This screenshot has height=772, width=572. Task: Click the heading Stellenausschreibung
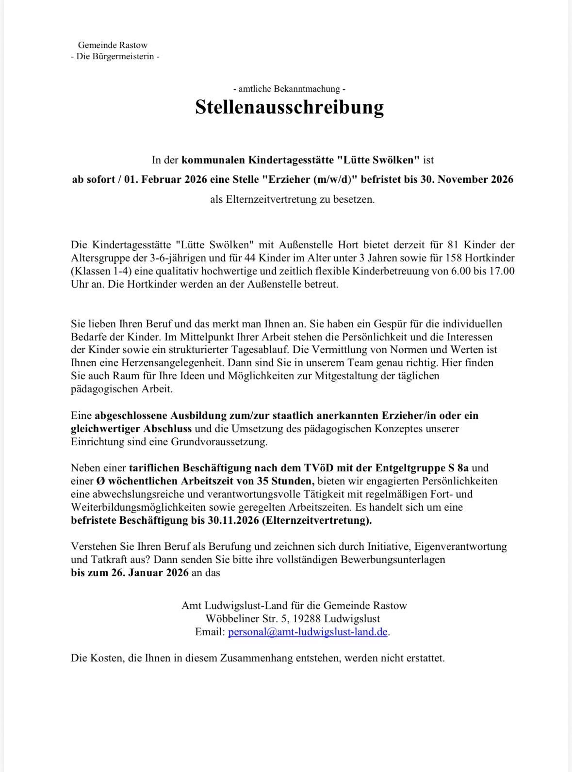[x=289, y=107]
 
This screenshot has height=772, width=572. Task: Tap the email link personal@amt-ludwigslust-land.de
[x=308, y=632]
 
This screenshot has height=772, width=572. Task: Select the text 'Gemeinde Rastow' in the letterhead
[x=113, y=45]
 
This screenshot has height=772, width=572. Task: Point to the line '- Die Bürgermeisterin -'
[x=115, y=56]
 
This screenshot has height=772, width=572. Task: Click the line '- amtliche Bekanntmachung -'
[x=289, y=89]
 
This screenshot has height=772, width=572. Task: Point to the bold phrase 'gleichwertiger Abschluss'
[x=131, y=429]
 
